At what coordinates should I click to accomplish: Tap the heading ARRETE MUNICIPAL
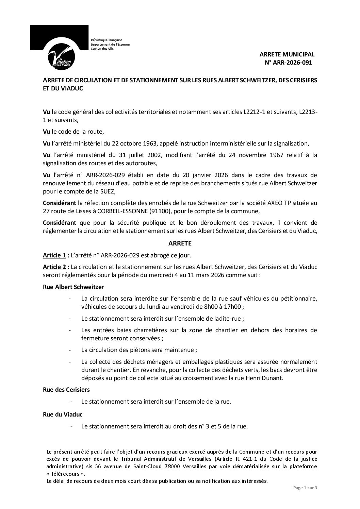click(287, 54)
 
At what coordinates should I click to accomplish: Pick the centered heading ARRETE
click(180, 243)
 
